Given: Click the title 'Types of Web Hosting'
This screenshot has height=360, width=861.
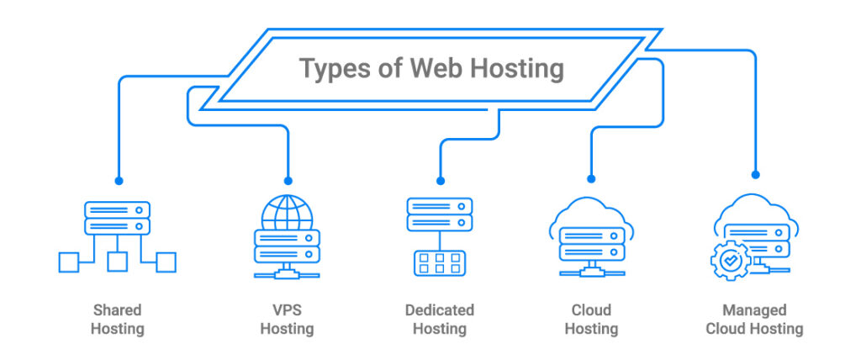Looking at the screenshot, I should [x=431, y=68].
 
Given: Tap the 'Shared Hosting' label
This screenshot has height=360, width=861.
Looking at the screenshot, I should [x=117, y=320].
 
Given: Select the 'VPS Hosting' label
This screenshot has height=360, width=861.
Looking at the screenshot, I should [x=287, y=320].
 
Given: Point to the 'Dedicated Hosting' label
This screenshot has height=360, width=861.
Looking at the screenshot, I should [x=439, y=320].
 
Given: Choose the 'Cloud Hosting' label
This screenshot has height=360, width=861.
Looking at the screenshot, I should [x=591, y=320].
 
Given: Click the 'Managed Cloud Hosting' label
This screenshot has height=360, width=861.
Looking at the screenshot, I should [x=754, y=320].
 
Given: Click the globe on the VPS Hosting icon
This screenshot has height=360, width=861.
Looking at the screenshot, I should [x=287, y=212].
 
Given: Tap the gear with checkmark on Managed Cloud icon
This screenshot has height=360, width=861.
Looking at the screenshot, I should [x=728, y=262].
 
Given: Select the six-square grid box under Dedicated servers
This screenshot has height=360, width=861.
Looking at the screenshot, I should [x=439, y=262].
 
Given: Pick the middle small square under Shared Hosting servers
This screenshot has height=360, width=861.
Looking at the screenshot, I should [x=118, y=262].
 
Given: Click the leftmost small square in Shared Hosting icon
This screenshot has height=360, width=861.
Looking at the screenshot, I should [x=68, y=262].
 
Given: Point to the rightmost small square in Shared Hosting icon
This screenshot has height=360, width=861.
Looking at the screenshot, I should [x=166, y=262].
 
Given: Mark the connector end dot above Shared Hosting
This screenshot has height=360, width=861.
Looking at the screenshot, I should [x=119, y=181].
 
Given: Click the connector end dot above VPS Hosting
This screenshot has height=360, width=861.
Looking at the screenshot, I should [x=288, y=181].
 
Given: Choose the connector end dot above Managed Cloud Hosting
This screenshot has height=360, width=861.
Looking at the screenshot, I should [x=755, y=175].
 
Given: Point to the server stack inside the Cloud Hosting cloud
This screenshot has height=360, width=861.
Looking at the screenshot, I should [x=591, y=242].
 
